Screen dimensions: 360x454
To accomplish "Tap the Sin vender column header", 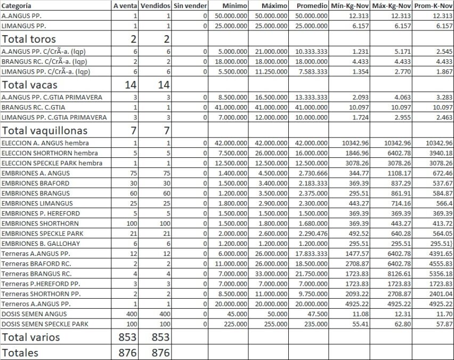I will (190, 6).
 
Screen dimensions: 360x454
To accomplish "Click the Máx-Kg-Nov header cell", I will (391, 6).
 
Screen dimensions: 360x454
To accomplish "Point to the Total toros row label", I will (29, 39).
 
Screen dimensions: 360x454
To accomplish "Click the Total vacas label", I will (30, 85).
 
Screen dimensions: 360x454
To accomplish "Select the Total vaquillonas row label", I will (45, 131).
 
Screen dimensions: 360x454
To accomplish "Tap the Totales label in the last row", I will (21, 353).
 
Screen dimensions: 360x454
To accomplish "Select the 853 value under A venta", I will (128, 337).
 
